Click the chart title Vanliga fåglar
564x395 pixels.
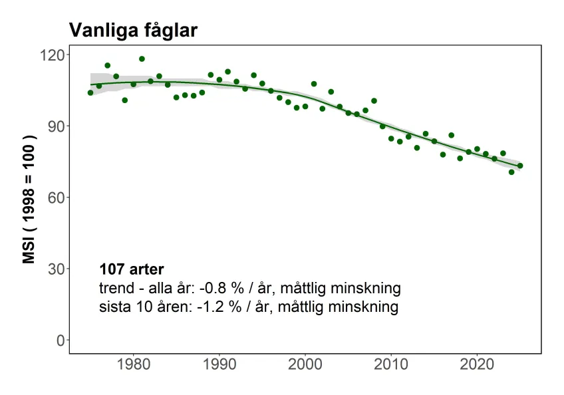click(x=133, y=31)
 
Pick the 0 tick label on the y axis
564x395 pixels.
click(x=59, y=340)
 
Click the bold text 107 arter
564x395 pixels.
click(x=131, y=269)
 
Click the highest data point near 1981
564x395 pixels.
click(x=142, y=59)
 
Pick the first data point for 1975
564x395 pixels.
click(x=90, y=92)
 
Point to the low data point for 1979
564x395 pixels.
click(x=124, y=100)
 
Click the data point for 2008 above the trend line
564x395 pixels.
click(x=374, y=100)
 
